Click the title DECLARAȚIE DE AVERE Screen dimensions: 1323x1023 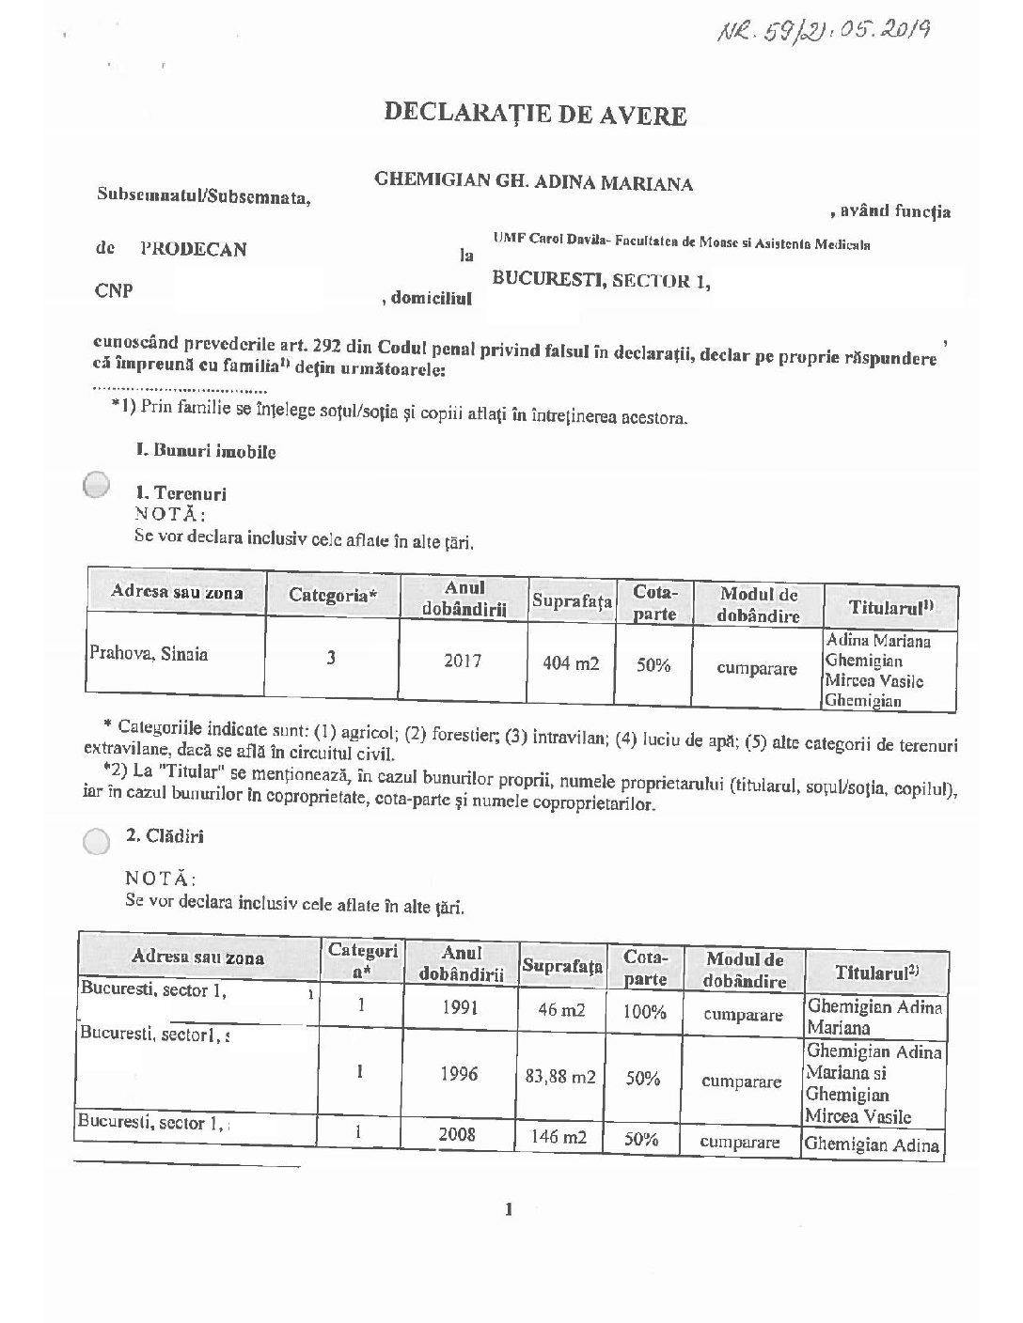click(x=535, y=115)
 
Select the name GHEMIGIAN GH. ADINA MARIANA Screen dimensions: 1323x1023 click(x=533, y=182)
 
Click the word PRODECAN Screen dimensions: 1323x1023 click(x=193, y=249)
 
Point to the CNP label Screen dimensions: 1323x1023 click(x=114, y=290)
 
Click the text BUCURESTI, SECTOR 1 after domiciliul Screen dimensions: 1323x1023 click(x=601, y=280)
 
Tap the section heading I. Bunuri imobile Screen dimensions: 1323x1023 click(x=205, y=451)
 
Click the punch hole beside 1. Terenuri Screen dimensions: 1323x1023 click(x=98, y=486)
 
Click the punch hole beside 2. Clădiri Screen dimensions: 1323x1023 click(x=96, y=841)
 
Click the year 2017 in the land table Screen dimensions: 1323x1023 click(x=463, y=661)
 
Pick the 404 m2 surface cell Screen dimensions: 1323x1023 click(x=571, y=664)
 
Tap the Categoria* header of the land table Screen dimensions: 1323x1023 click(x=333, y=595)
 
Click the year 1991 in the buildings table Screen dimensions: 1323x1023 click(x=460, y=1008)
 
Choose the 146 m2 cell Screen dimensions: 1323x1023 click(x=560, y=1137)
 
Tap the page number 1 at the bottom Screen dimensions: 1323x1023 click(x=509, y=1209)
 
